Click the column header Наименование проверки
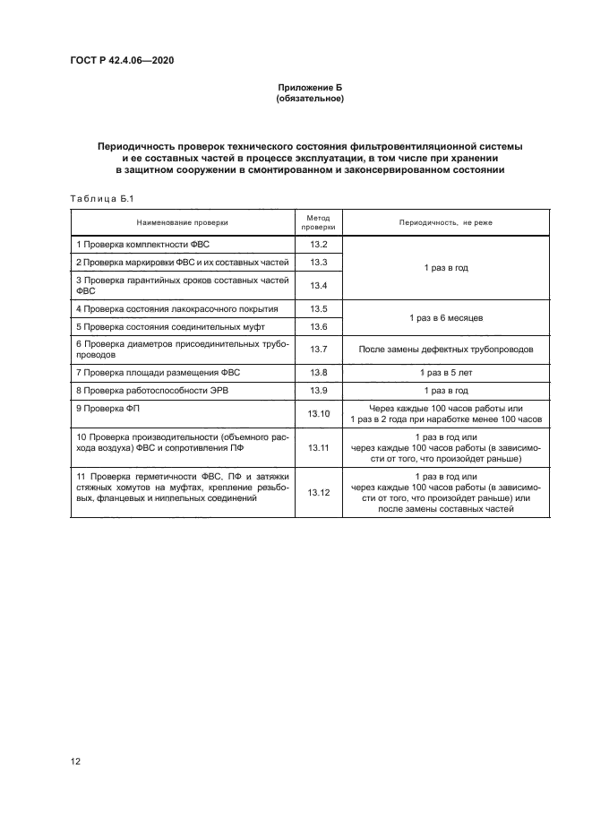(x=182, y=221)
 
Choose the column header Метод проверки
(x=319, y=221)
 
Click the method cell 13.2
(x=319, y=245)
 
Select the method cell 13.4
(x=319, y=285)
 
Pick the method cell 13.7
(x=319, y=348)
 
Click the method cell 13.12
(x=319, y=492)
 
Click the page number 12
(x=76, y=762)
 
